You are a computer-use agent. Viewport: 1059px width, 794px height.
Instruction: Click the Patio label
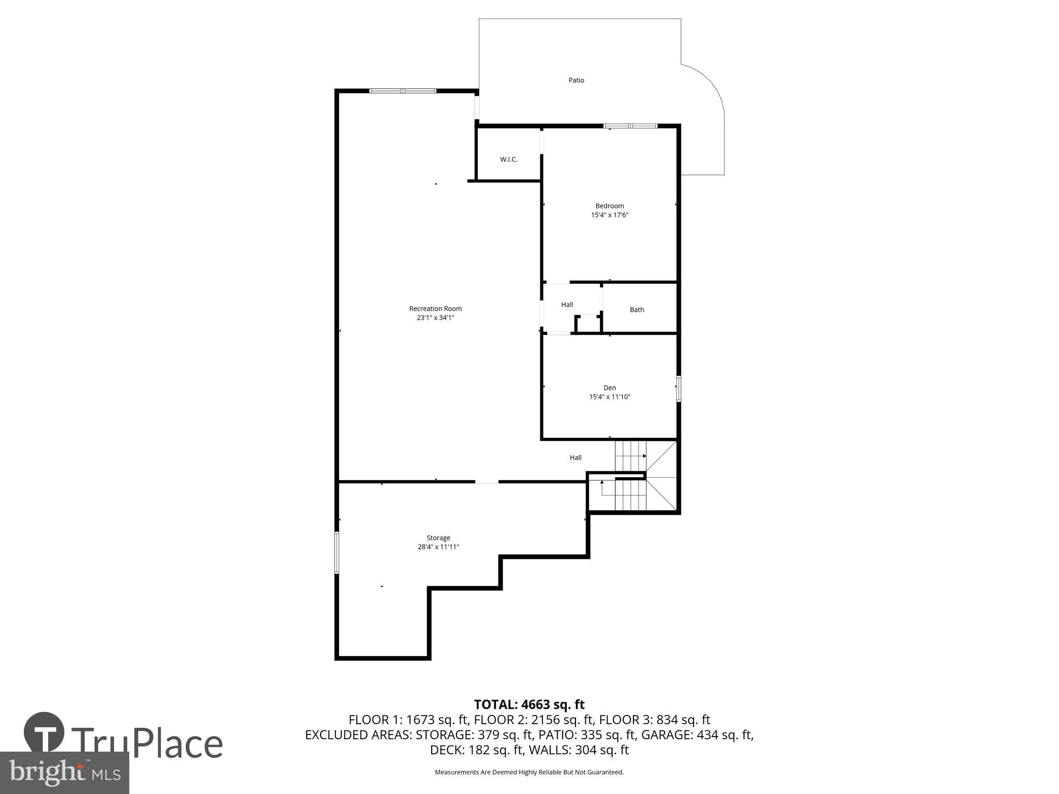click(576, 80)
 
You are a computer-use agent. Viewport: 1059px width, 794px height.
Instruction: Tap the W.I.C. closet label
click(508, 159)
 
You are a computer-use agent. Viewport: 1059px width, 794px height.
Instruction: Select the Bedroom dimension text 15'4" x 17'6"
click(610, 215)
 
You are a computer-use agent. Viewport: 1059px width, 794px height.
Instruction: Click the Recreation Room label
click(435, 309)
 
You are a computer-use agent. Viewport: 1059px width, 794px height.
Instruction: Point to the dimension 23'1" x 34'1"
click(435, 318)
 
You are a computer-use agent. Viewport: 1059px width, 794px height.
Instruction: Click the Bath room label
click(637, 310)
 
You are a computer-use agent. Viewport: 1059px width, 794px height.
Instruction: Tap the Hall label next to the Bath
click(567, 304)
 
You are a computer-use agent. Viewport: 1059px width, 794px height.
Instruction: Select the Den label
click(610, 388)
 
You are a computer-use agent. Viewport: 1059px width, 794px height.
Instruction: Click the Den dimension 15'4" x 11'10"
click(610, 397)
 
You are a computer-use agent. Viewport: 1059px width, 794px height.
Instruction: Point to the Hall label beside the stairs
click(576, 457)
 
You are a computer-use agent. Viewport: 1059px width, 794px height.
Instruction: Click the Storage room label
click(438, 538)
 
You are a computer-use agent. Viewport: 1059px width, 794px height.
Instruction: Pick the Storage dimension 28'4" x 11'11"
click(438, 547)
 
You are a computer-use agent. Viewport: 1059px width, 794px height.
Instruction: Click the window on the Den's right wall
click(678, 389)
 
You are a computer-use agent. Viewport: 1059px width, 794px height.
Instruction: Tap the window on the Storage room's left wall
click(337, 553)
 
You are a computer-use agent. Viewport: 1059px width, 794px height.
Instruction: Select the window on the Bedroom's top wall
click(630, 126)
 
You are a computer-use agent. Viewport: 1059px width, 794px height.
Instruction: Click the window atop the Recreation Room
click(403, 91)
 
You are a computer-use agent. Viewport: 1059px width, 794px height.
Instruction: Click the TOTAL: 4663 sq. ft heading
click(529, 705)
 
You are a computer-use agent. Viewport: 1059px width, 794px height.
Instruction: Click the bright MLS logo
click(64, 772)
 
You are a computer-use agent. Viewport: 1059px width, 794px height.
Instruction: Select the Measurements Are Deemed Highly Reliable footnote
click(529, 772)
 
